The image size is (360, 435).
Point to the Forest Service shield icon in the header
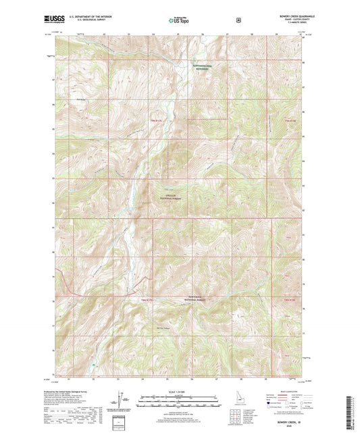coord(238,20)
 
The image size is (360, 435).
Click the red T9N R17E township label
coord(156,121)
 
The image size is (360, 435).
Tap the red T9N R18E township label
coord(290,121)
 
